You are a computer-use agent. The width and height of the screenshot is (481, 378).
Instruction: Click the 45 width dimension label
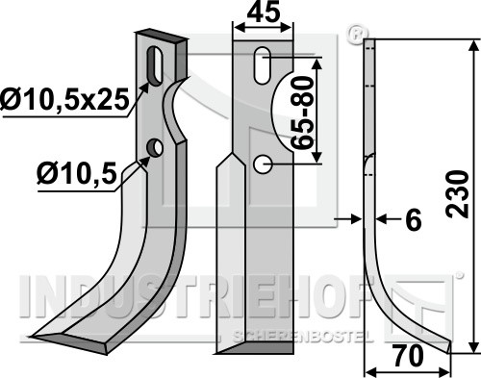click(x=264, y=13)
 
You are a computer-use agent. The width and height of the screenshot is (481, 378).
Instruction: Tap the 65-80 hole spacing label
click(x=303, y=113)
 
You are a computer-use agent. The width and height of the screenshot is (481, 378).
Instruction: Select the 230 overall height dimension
click(x=458, y=194)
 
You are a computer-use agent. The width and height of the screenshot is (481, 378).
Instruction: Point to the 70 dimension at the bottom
click(x=408, y=356)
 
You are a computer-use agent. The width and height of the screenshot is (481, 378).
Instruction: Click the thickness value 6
click(x=413, y=220)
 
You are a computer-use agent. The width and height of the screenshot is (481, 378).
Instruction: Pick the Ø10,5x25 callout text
click(x=65, y=99)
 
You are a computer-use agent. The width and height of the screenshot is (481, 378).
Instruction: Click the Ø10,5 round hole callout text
click(x=76, y=174)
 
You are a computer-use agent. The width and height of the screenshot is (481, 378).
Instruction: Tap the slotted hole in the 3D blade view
click(x=155, y=66)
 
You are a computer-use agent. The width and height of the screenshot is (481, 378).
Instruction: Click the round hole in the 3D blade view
click(x=155, y=148)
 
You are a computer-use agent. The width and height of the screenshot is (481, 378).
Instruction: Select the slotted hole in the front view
click(x=263, y=65)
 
